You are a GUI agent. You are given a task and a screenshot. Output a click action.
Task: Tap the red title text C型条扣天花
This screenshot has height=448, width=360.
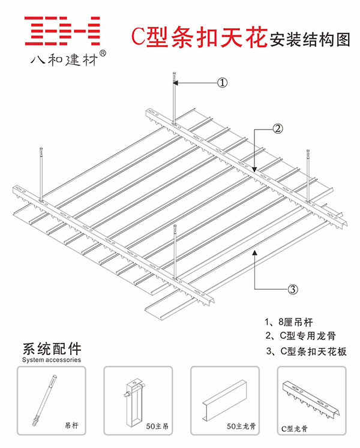199,37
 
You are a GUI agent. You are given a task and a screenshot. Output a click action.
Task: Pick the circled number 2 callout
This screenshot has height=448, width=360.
277,128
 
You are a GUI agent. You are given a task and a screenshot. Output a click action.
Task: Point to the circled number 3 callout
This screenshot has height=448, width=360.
292,290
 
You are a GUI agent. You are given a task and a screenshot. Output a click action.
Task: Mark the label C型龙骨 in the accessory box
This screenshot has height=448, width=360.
294,429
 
